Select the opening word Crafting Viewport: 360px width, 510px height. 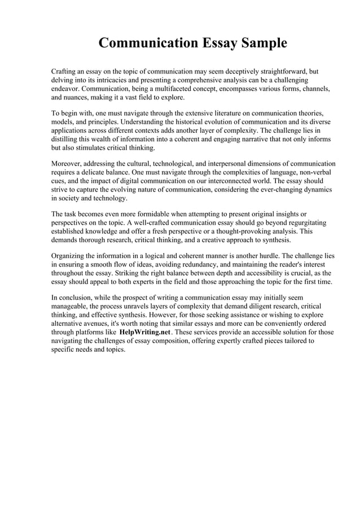pos(65,72)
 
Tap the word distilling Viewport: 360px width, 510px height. pos(66,140)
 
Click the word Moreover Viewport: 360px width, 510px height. pos(68,164)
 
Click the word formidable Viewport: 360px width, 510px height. pos(166,214)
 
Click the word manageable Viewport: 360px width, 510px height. pos(72,306)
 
